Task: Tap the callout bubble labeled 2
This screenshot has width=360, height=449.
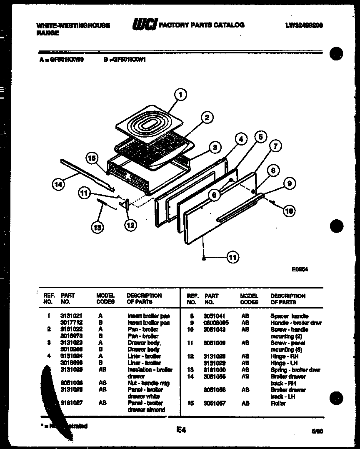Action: click(x=206, y=118)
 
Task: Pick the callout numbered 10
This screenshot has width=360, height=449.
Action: click(x=288, y=211)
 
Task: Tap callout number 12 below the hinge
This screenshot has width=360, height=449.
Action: click(x=130, y=225)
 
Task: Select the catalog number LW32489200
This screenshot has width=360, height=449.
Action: click(x=304, y=25)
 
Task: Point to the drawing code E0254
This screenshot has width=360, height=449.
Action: click(x=300, y=269)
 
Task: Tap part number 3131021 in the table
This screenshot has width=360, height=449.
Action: click(x=69, y=316)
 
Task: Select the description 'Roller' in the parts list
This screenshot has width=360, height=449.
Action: click(x=278, y=404)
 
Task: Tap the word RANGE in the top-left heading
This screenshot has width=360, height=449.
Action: click(x=48, y=33)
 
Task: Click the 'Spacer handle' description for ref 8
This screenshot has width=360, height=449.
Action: click(x=290, y=316)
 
